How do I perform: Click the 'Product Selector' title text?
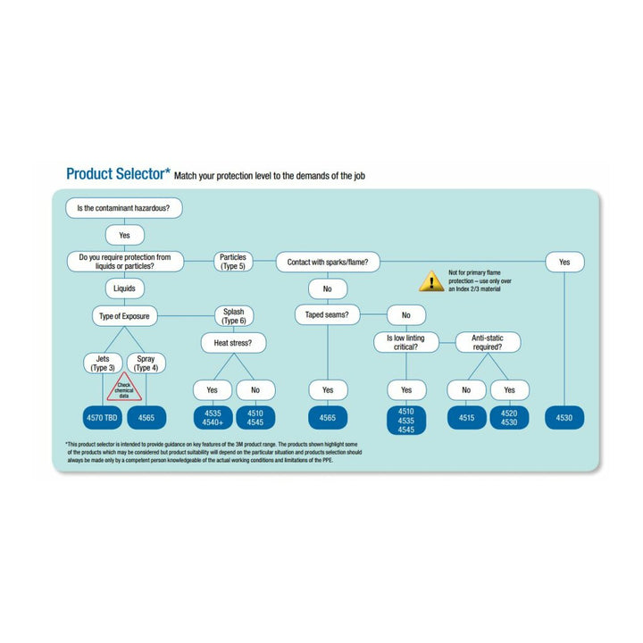(x=117, y=173)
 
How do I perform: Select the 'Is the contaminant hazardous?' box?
(x=124, y=208)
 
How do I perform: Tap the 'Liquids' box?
(x=124, y=288)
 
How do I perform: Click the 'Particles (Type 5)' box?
(x=233, y=261)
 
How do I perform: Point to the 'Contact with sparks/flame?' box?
(x=328, y=262)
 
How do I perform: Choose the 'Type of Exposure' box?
(x=124, y=315)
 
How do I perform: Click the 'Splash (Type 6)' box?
(x=233, y=315)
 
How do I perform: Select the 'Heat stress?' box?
(x=233, y=342)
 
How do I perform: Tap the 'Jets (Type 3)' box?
(x=103, y=363)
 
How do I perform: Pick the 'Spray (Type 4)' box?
(x=146, y=363)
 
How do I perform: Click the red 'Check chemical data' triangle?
(x=124, y=389)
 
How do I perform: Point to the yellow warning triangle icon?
(x=431, y=281)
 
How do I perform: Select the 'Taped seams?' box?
(x=328, y=314)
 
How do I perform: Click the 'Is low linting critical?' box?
(x=406, y=342)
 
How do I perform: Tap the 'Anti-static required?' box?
(x=489, y=342)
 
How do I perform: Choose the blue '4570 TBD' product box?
(x=103, y=417)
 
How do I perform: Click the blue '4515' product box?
(x=467, y=417)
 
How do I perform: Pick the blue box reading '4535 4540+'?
(x=212, y=417)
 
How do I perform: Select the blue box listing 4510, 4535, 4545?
(x=406, y=420)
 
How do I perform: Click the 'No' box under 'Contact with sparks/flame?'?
(x=328, y=288)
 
